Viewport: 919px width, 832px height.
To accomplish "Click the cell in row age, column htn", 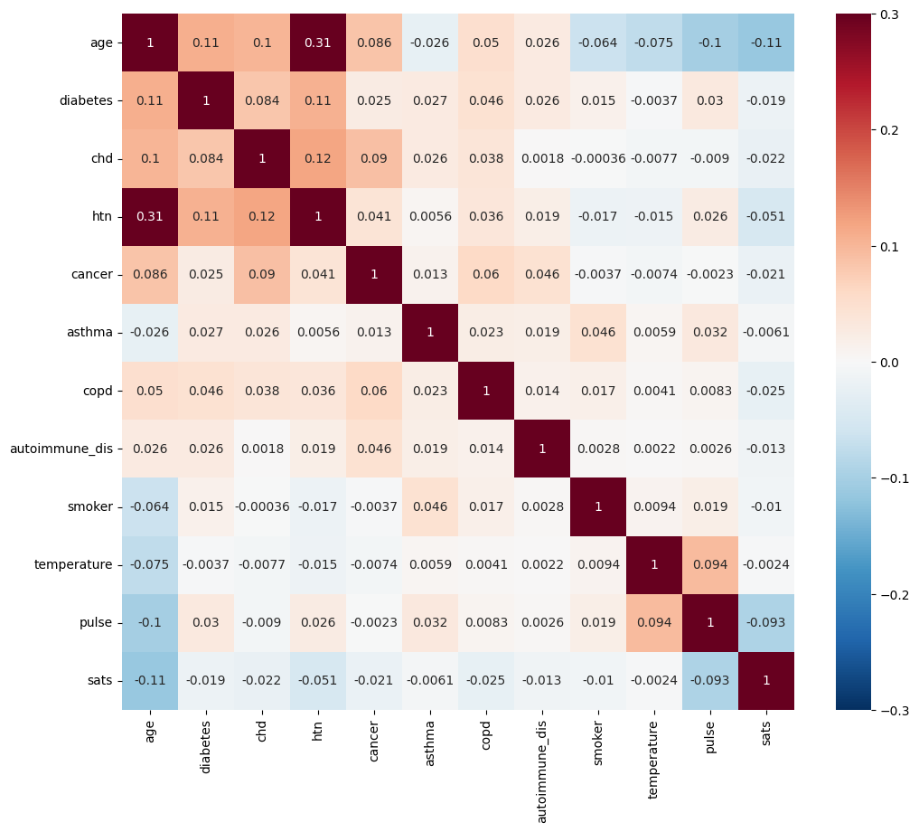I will pyautogui.click(x=318, y=43).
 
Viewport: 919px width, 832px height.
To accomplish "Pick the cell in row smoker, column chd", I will pyautogui.click(x=262, y=506).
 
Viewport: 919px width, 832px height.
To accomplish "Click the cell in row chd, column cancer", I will pyautogui.click(x=374, y=158).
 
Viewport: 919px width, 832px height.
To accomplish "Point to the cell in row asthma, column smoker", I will pyautogui.click(x=598, y=333).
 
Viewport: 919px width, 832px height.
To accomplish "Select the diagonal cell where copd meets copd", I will pyautogui.click(x=486, y=391).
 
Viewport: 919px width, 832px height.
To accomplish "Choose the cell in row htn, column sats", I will pyautogui.click(x=766, y=216).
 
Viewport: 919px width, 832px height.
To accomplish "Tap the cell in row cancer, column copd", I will pyautogui.click(x=486, y=274).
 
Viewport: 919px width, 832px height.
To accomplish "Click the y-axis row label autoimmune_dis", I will pyautogui.click(x=61, y=449).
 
